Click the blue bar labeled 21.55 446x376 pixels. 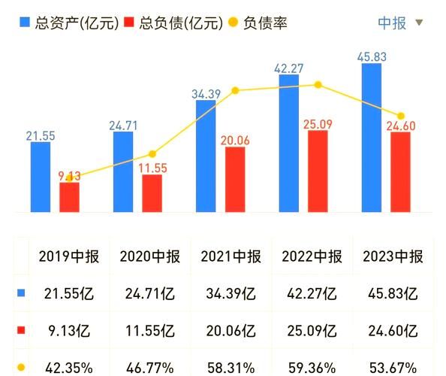[41, 177]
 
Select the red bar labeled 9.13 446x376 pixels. [69, 197]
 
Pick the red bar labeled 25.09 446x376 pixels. [318, 171]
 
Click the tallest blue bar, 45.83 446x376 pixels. [371, 138]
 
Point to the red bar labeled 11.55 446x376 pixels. [152, 193]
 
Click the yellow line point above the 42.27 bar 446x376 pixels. [318, 85]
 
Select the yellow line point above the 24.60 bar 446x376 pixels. [401, 116]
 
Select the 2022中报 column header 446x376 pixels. [312, 256]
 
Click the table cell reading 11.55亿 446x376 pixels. [150, 329]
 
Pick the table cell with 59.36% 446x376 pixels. [312, 367]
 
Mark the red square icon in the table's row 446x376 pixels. [20, 329]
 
